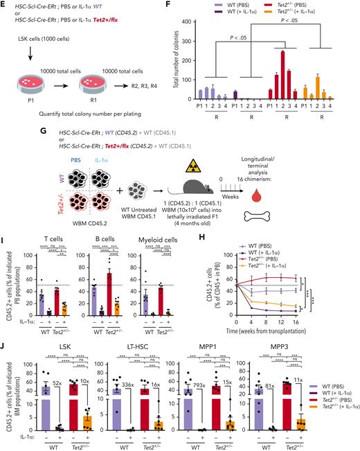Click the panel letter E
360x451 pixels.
point(5,5)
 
